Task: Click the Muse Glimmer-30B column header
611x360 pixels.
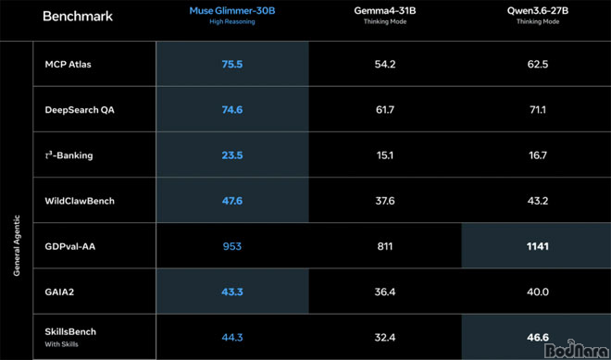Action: pos(232,11)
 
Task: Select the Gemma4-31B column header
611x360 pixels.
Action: pos(384,11)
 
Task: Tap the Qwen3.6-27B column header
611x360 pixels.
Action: pos(538,11)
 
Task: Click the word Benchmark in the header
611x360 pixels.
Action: pos(78,17)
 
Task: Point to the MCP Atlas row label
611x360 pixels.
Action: pos(68,64)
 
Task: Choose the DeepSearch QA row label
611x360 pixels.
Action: pos(80,110)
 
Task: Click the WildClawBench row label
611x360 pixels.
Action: pos(80,201)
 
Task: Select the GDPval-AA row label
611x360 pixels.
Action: pos(70,246)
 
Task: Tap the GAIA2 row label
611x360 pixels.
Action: pos(59,292)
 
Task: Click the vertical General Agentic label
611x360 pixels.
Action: pos(17,245)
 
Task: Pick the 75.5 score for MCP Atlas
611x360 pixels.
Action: pos(232,64)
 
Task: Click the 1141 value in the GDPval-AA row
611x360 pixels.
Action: pos(538,246)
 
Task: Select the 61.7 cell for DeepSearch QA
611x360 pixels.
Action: pos(384,110)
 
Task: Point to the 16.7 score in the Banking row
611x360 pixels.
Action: pos(538,155)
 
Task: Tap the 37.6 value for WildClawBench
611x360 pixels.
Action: pos(384,201)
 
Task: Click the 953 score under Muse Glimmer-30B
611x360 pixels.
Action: pos(232,246)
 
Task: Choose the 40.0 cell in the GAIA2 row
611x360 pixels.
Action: pos(538,292)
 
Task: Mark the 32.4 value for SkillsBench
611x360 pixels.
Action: pos(384,337)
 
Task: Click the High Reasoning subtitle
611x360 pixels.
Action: pos(232,22)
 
